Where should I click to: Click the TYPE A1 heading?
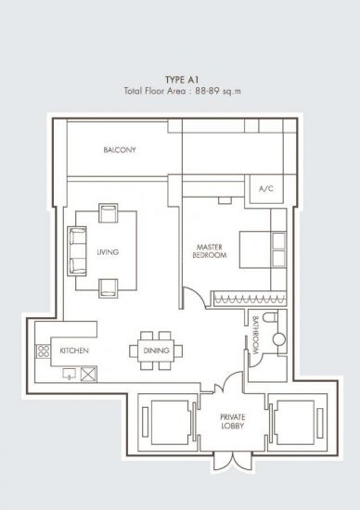pos(182,80)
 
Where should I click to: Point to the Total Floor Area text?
pos(182,91)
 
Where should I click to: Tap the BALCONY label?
pos(120,150)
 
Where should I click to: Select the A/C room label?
pos(266,188)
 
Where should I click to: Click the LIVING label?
pos(108,252)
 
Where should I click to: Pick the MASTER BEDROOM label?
pos(210,251)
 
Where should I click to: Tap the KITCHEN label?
pos(74,351)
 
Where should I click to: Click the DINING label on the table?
pos(156,351)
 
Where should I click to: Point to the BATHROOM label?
pos(255,336)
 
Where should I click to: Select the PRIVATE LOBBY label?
pos(232,422)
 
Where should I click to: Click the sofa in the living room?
pos(77,251)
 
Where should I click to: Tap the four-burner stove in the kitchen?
pos(43,351)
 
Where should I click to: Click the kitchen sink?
pos(69,374)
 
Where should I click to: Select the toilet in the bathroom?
pos(270,316)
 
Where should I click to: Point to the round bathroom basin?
pos(279,338)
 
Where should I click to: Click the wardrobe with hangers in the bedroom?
pos(250,299)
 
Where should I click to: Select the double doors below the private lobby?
pos(232,461)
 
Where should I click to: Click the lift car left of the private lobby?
pos(170,422)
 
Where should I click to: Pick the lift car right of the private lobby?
pos(295,422)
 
